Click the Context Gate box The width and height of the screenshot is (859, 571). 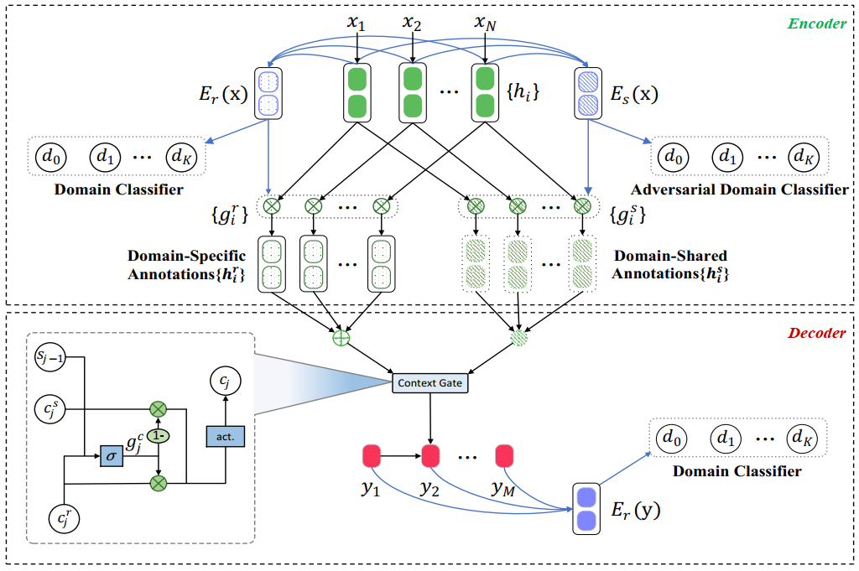pyautogui.click(x=429, y=383)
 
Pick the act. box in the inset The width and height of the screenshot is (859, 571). pyautogui.click(x=224, y=436)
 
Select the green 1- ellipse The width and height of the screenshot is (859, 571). pyautogui.click(x=157, y=436)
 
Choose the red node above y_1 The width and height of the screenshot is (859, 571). pyautogui.click(x=372, y=457)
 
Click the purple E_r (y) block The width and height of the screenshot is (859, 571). pyautogui.click(x=586, y=508)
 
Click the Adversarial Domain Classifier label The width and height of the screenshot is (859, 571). pyautogui.click(x=739, y=189)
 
